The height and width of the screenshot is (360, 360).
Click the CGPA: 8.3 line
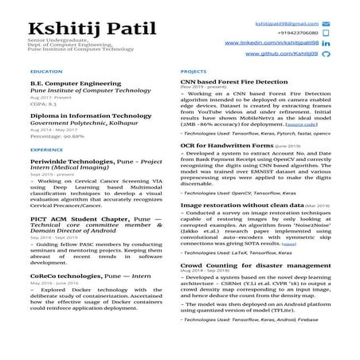click(x=43, y=104)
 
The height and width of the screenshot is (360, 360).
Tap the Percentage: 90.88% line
click(x=57, y=137)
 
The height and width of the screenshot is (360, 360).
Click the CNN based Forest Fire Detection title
click(x=233, y=82)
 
